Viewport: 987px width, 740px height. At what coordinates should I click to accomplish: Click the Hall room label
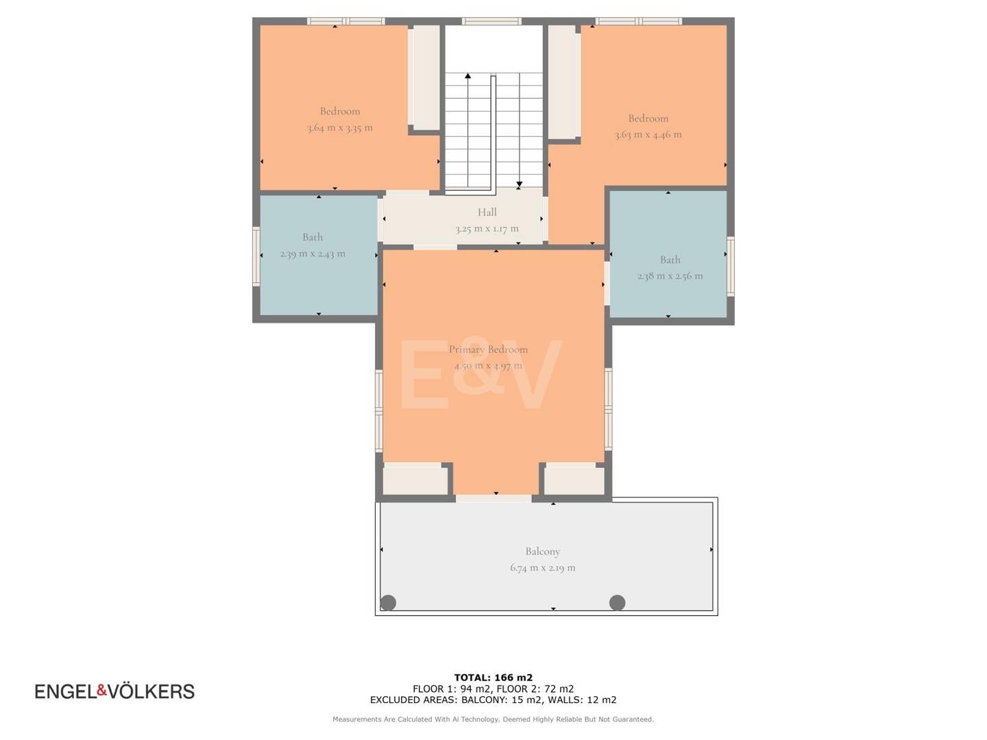pyautogui.click(x=487, y=212)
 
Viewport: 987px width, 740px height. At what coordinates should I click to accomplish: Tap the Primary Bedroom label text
pyautogui.click(x=488, y=349)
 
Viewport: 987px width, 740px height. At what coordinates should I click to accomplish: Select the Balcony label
pyautogui.click(x=543, y=552)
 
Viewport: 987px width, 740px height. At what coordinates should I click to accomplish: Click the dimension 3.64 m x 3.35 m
pyautogui.click(x=340, y=127)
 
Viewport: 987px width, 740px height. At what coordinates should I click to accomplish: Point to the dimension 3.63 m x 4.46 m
pyautogui.click(x=648, y=134)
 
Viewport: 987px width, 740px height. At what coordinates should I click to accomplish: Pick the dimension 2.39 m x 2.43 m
pyautogui.click(x=313, y=254)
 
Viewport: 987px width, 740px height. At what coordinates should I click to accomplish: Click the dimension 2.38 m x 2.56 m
pyautogui.click(x=670, y=276)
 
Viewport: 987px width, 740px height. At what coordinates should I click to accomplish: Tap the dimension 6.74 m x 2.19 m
pyautogui.click(x=543, y=567)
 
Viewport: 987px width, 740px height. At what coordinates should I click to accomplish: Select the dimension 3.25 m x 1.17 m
pyautogui.click(x=487, y=229)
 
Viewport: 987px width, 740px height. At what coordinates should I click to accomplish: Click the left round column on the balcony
pyautogui.click(x=388, y=602)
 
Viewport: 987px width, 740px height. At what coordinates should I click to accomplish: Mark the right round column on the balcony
pyautogui.click(x=617, y=602)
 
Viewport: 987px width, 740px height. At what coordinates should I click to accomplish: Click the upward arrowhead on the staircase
pyautogui.click(x=467, y=76)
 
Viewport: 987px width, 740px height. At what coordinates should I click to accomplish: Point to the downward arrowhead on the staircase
pyautogui.click(x=520, y=184)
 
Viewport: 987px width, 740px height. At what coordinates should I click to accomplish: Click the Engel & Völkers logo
pyautogui.click(x=114, y=691)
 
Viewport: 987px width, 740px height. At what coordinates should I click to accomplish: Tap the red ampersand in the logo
pyautogui.click(x=102, y=690)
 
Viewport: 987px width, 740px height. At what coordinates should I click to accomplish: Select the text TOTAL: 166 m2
pyautogui.click(x=493, y=678)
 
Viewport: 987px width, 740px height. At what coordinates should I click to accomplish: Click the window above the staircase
pyautogui.click(x=491, y=21)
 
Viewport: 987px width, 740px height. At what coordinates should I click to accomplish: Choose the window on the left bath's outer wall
pyautogui.click(x=256, y=256)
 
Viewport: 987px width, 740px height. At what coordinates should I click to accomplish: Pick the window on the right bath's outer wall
pyautogui.click(x=731, y=267)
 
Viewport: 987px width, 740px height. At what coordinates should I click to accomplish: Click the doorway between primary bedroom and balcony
pyautogui.click(x=493, y=498)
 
